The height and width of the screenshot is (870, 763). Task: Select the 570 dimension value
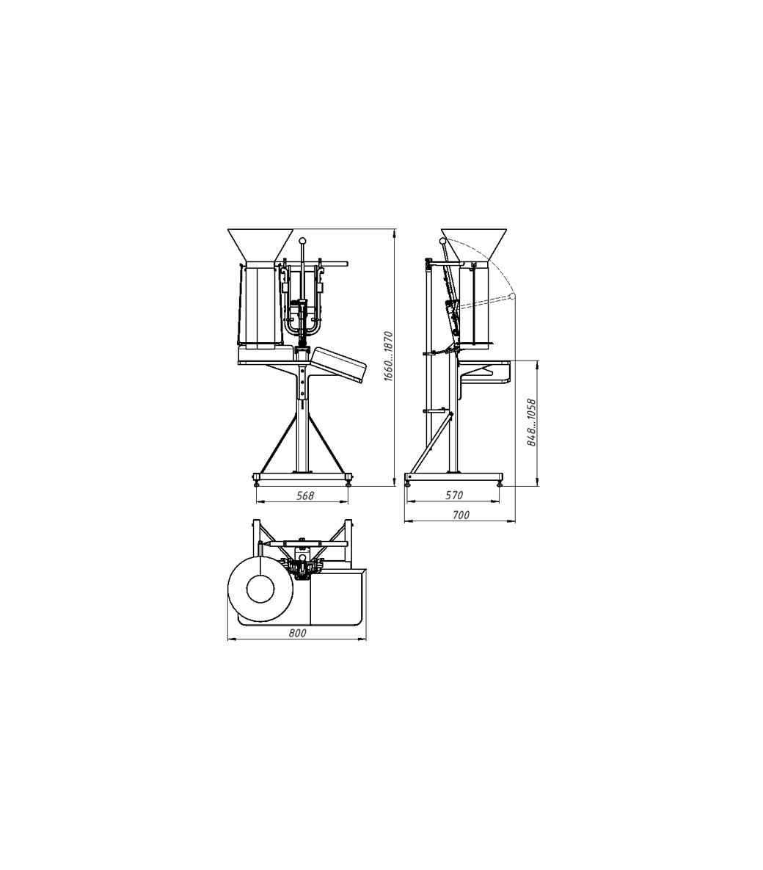[454, 495]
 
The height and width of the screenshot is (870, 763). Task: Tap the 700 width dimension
[461, 515]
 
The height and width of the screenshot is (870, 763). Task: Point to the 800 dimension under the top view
[298, 633]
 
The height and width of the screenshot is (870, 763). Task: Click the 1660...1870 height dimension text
[388, 355]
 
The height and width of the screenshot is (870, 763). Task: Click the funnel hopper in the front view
[260, 244]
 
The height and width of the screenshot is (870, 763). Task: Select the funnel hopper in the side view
[473, 244]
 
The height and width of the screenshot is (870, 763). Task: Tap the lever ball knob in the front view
[302, 241]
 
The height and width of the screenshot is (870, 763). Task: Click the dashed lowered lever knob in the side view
[512, 297]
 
